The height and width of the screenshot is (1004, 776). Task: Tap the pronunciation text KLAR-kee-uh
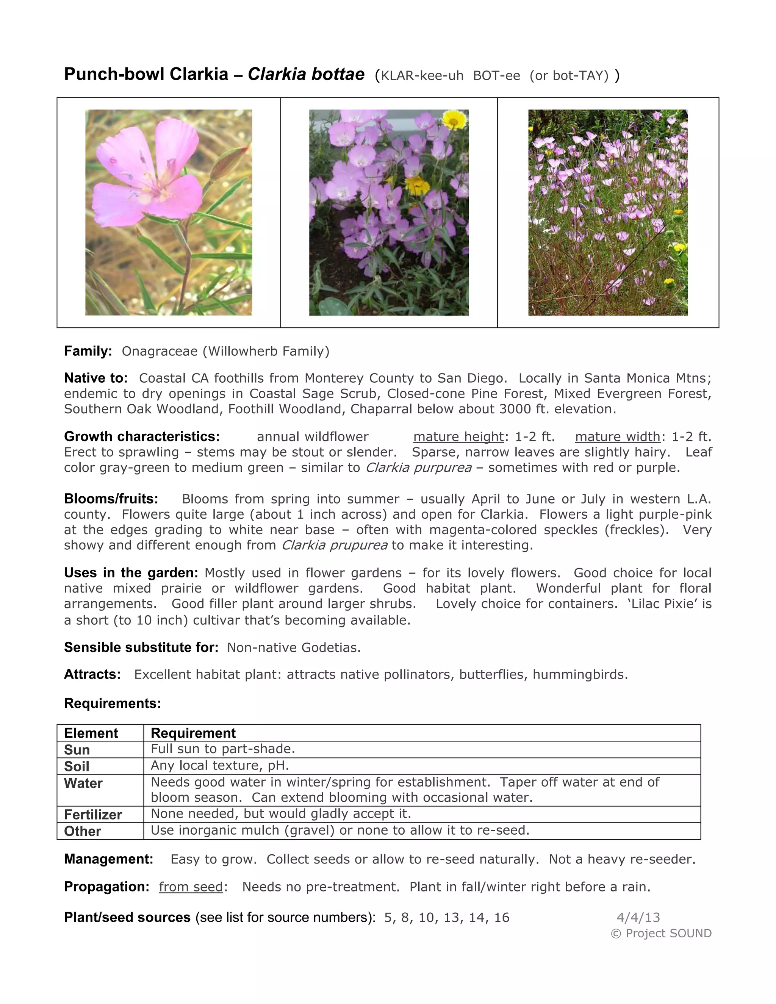click(x=422, y=76)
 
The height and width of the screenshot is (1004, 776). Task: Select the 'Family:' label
click(x=88, y=351)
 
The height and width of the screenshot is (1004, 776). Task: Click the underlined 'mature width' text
click(x=617, y=437)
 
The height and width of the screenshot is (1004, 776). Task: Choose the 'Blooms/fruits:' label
click(x=111, y=499)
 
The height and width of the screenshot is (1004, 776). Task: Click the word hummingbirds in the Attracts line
click(x=579, y=674)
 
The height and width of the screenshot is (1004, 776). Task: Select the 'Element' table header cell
click(x=91, y=733)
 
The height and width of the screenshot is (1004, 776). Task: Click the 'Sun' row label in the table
click(x=77, y=750)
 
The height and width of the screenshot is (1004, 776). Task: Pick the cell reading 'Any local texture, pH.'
click(x=220, y=765)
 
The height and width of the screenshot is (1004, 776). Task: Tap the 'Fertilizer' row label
click(x=93, y=815)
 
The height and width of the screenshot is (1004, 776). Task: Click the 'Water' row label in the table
click(x=83, y=783)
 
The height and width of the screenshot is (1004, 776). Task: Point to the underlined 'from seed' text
click(x=191, y=887)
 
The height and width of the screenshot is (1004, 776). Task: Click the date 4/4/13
click(x=638, y=918)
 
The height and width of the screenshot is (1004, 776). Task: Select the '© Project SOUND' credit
click(x=661, y=933)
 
